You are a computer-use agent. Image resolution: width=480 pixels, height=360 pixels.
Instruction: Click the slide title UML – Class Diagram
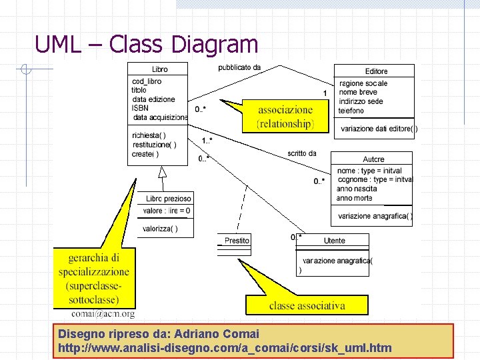point(146,45)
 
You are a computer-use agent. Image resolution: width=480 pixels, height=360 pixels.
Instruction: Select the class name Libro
point(159,69)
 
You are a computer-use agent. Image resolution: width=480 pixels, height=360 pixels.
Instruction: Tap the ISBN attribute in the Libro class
point(140,108)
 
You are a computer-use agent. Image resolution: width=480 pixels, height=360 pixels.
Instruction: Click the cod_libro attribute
point(147,81)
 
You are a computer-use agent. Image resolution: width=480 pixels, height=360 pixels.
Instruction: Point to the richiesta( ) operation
point(149,136)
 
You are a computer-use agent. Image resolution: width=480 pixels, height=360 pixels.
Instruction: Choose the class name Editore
point(376,71)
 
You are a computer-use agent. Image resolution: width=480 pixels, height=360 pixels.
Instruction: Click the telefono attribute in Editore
point(351,111)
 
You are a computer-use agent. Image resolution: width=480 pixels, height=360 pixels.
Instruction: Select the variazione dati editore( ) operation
point(379,129)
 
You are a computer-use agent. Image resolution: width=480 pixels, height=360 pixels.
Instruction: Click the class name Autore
point(373,159)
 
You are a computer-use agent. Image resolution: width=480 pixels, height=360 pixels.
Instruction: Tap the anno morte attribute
point(354,198)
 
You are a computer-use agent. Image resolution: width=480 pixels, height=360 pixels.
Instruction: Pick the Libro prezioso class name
point(169,199)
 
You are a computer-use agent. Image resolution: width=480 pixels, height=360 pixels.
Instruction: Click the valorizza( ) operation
point(160,229)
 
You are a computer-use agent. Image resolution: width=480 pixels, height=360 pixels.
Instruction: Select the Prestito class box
point(235,244)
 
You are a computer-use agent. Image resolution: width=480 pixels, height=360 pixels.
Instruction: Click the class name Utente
point(335,241)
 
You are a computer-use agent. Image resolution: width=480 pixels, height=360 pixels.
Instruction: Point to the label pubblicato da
point(239,67)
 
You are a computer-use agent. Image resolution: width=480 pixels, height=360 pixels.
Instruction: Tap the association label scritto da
point(302,153)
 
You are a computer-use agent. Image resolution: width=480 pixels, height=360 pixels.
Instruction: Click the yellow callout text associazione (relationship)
point(285,117)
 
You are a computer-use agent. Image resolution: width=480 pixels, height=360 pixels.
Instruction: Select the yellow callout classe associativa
point(307,305)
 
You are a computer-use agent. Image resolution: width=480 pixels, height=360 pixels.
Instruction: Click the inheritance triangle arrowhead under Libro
point(162,172)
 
